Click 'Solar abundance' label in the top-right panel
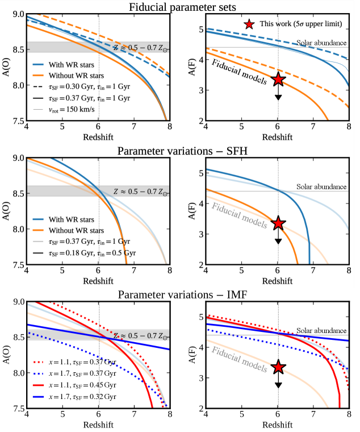(321, 43)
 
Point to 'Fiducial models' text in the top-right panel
(239, 72)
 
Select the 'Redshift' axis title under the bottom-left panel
(98, 425)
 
